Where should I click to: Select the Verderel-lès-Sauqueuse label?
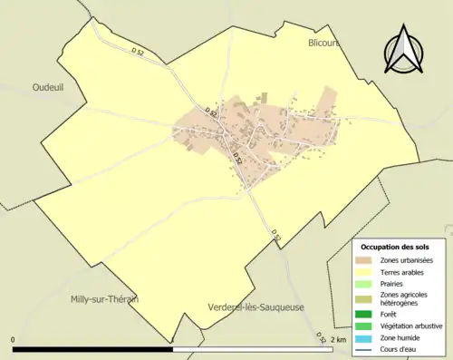[255, 307]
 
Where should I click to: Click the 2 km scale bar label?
[339, 339]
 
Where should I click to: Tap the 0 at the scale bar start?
[14, 339]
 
